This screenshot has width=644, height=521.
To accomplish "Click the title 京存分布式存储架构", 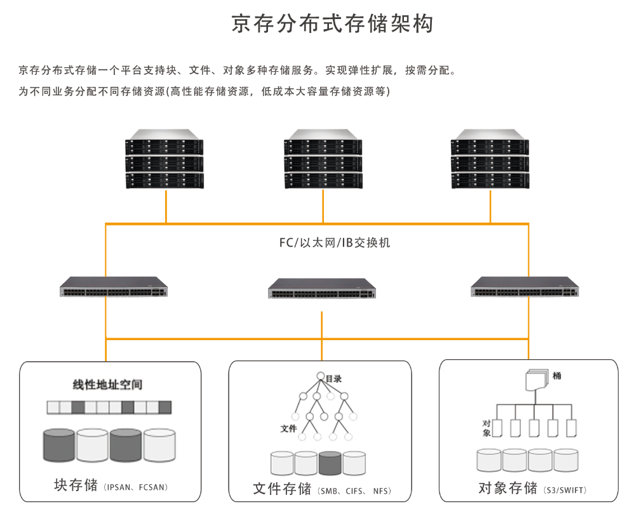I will pos(333,23).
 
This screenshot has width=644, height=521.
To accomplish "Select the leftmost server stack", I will pos(164,159).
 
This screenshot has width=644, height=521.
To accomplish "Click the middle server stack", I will pos(323,159).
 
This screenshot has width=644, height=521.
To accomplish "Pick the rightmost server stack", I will pos(490,159).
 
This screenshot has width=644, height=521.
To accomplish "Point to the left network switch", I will pos(114,287).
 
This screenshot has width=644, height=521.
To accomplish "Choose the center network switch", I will pos(322,289).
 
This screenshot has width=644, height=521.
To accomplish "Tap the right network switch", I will pos(525,287).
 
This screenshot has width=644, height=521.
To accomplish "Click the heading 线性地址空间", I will pos(107,385).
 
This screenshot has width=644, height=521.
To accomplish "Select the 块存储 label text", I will pos(77,485).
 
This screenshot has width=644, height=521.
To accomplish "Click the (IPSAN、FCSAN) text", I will pos(135,487).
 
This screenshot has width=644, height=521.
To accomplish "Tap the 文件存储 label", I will pos(282,489).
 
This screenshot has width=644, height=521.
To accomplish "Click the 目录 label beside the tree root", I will pos(333,379).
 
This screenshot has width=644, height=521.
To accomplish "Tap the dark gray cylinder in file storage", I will pos(330,463).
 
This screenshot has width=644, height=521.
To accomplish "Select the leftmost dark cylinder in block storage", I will pos(59,445).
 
